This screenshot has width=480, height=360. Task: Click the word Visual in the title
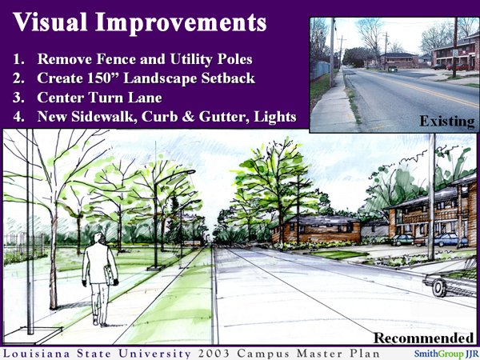click(50, 23)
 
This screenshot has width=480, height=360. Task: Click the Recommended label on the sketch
click(423, 337)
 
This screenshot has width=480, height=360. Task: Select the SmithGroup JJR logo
click(443, 352)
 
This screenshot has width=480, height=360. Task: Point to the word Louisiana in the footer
click(38, 352)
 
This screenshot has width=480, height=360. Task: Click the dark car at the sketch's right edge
click(453, 282)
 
